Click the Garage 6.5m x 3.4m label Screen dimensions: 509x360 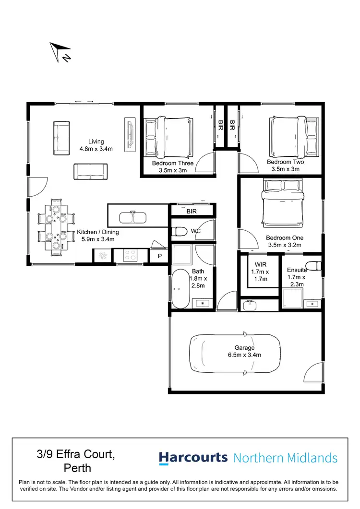245,352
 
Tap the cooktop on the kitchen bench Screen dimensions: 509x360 130,256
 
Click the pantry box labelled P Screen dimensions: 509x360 159,256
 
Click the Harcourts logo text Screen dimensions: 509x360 193,458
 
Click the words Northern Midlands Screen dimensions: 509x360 285,458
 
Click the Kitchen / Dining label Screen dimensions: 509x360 97,235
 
